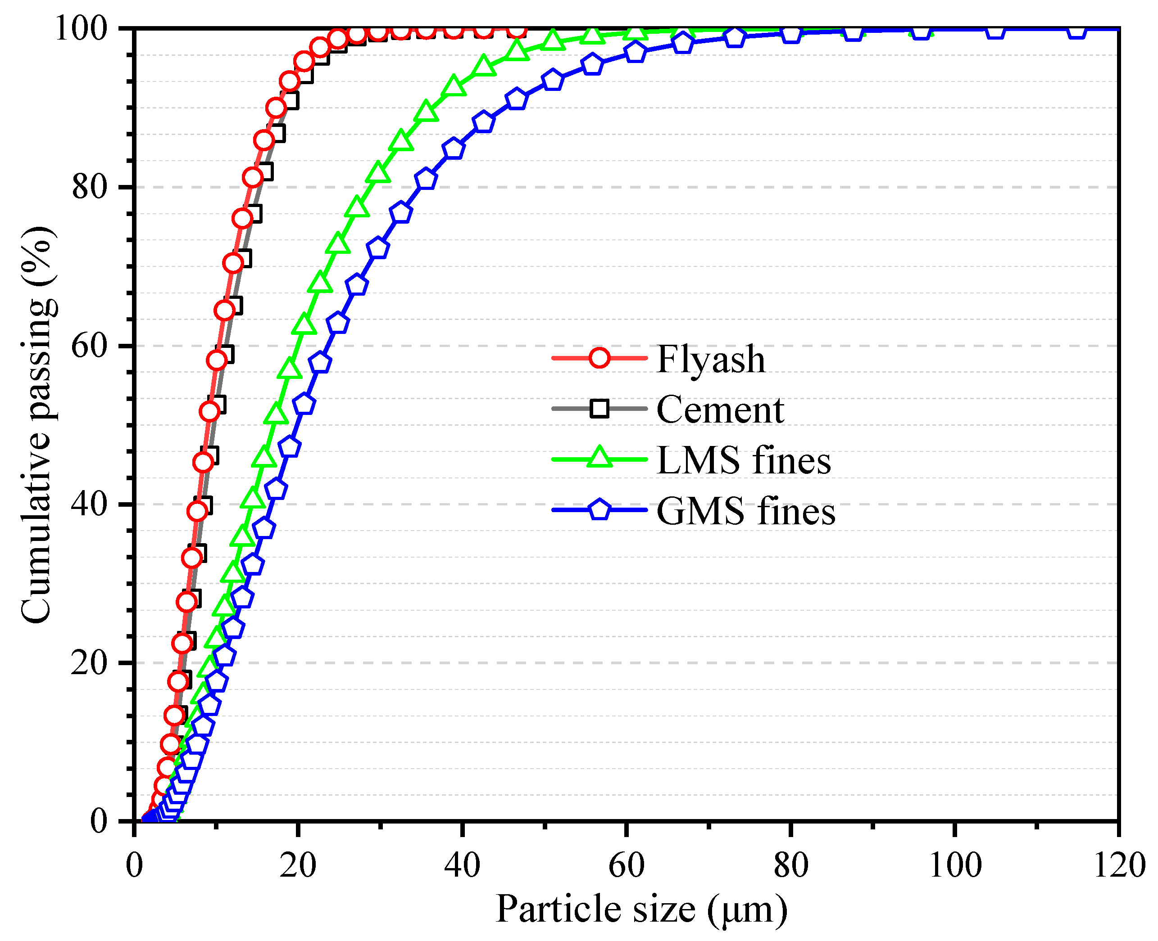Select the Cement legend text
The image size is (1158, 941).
pos(720,410)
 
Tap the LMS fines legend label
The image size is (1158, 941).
pos(743,461)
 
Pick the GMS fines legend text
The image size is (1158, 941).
pos(746,511)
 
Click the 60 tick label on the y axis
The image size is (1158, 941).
pos(90,346)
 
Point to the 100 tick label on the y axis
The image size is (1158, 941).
pos(82,28)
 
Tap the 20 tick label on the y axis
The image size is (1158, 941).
pos(90,662)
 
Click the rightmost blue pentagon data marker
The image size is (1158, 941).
pos(1076,30)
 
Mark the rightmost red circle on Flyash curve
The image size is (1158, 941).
pos(518,29)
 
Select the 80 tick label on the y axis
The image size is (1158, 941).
pos(90,187)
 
